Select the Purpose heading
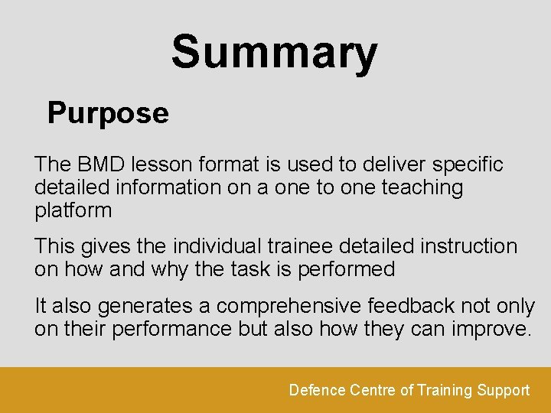(x=108, y=113)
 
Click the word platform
(x=73, y=210)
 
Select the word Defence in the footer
(x=317, y=390)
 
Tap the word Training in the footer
(x=445, y=390)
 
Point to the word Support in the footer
(x=504, y=390)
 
